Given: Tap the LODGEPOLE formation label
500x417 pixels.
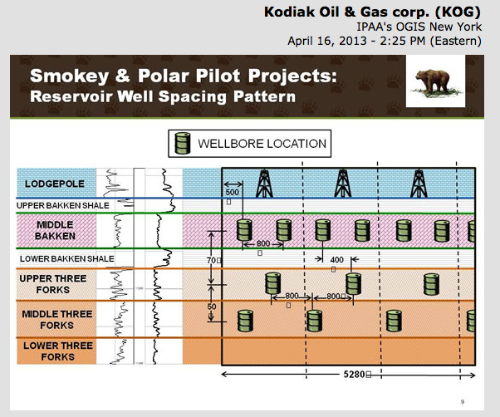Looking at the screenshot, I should (55, 183).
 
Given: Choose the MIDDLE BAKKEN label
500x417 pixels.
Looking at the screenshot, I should (55, 230).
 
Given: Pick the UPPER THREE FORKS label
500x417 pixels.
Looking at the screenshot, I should (55, 283).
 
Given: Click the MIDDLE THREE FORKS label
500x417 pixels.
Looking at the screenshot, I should (55, 319).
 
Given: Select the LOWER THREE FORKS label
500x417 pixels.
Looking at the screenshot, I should (55, 351).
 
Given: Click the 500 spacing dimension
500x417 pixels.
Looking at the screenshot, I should (232, 193).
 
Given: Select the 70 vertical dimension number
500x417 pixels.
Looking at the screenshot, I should (210, 260).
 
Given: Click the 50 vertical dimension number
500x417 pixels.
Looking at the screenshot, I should (212, 307).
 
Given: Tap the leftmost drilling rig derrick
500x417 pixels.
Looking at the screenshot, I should (263, 180).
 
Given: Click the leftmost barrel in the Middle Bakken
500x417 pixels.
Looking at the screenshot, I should (244, 230).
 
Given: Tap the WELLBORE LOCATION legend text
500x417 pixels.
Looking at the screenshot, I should (262, 144).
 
